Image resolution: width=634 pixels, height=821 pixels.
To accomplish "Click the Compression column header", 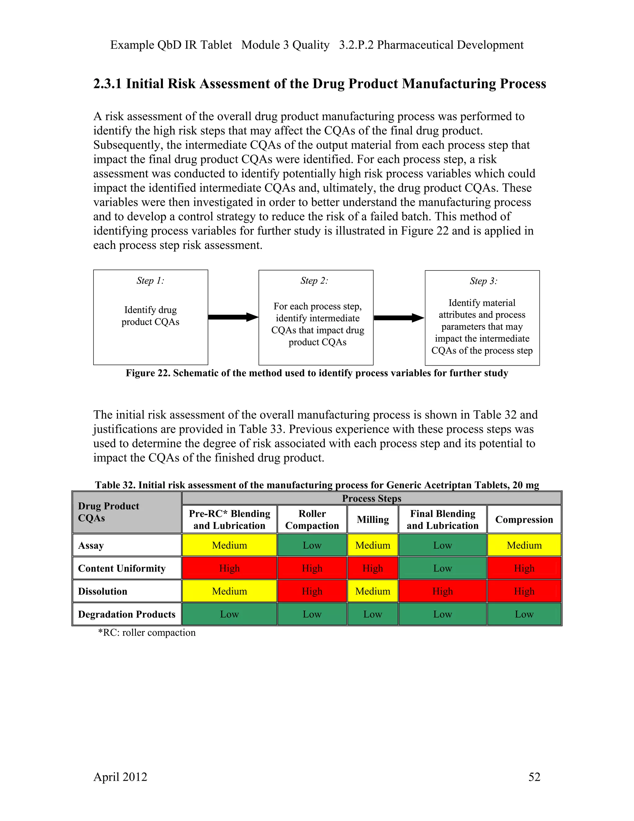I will pyautogui.click(x=524, y=519).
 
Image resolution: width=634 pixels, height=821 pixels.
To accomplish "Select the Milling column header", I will pyautogui.click(x=373, y=519).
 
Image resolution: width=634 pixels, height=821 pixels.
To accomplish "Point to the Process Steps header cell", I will pyautogui.click(x=371, y=498).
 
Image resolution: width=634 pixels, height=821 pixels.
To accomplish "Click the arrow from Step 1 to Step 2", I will pyautogui.click(x=233, y=317).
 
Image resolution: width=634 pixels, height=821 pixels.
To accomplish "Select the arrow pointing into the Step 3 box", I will pyautogui.click(x=399, y=318).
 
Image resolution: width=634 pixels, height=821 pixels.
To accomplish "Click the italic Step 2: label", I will pyautogui.click(x=314, y=280).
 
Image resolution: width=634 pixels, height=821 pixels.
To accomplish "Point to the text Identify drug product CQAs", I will pyautogui.click(x=150, y=316).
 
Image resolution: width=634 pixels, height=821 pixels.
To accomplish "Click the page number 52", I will pyautogui.click(x=534, y=777).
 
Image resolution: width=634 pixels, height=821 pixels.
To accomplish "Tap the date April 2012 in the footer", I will pyautogui.click(x=120, y=777).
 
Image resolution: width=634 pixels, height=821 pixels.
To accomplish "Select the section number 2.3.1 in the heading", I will pyautogui.click(x=107, y=83).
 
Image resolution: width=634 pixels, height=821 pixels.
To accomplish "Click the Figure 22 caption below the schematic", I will pyautogui.click(x=317, y=373).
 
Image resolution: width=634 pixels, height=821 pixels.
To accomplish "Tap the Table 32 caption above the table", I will pyautogui.click(x=317, y=485).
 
